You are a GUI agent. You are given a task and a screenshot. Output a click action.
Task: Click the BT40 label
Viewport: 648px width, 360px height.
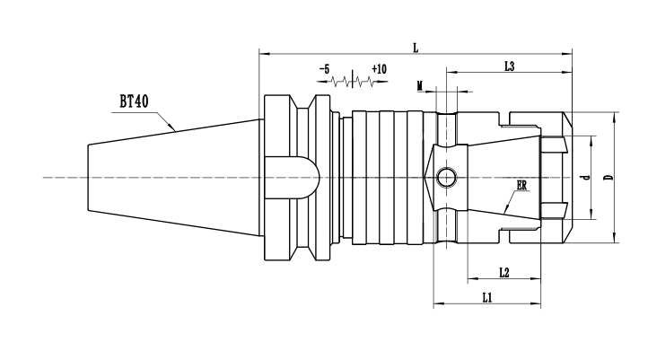134,101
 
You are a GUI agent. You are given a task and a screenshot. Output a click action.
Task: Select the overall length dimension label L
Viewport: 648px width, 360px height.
416,48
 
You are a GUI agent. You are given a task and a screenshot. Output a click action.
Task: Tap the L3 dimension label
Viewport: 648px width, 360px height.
510,66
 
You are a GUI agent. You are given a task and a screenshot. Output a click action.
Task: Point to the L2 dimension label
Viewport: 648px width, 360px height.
504,273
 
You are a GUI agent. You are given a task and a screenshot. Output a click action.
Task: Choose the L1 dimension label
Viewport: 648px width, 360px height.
487,297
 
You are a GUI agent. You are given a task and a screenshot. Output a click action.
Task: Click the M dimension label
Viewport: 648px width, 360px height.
420,86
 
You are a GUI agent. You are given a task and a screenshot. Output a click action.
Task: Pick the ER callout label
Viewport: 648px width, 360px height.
522,186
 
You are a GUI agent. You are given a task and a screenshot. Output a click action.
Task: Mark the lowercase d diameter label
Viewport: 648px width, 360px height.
585,178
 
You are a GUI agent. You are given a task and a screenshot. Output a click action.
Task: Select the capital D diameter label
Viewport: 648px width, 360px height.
609,178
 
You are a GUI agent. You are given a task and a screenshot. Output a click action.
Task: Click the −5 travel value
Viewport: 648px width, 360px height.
325,69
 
